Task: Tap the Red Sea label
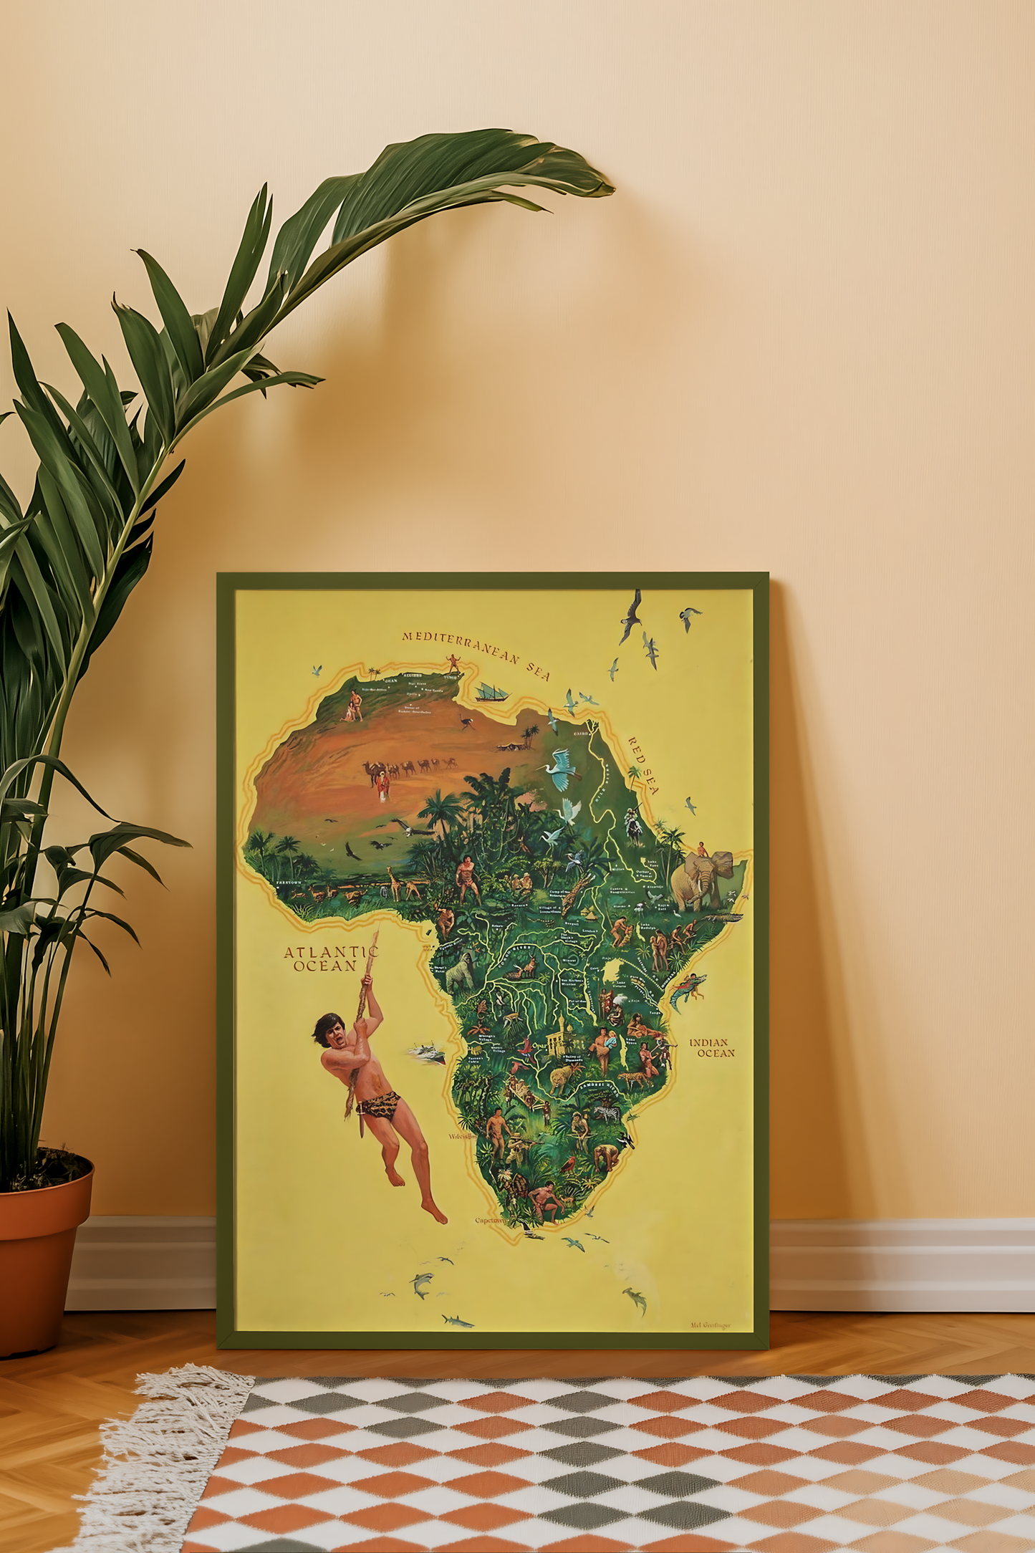pos(643,765)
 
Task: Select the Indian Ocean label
pos(712,1047)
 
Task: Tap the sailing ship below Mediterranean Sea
pos(491,693)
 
